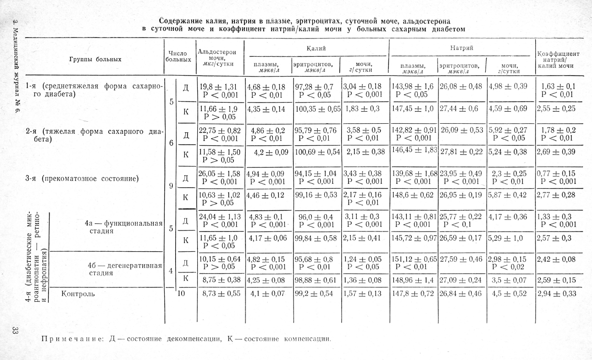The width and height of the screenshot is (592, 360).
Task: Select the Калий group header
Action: tap(316, 49)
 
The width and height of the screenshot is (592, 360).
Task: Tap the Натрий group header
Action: tap(462, 49)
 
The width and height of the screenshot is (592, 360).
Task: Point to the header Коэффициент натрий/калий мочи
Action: tap(558, 60)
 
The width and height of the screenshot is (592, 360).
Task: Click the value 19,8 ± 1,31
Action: tap(219, 87)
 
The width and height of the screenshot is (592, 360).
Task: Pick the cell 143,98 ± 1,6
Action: tap(413, 86)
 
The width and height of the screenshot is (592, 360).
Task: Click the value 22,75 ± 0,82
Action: tap(219, 130)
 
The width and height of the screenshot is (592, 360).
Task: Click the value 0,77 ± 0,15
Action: tap(558, 173)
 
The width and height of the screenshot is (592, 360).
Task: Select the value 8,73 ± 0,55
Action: tap(219, 293)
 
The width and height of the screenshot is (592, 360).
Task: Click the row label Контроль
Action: tap(77, 293)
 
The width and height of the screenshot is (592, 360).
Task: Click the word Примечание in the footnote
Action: tap(72, 338)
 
